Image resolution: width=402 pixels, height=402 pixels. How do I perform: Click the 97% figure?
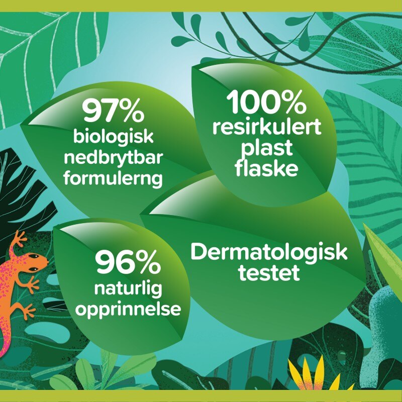(x=113, y=111)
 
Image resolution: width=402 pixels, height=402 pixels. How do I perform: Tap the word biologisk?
(x=114, y=136)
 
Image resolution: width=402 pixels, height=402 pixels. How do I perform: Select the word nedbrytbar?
(x=114, y=157)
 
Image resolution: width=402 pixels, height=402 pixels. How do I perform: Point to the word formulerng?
(x=113, y=178)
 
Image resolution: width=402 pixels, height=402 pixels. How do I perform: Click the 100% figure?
(x=266, y=102)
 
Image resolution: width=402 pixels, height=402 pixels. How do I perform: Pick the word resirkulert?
(x=267, y=127)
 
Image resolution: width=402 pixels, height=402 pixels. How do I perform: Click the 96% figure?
(x=128, y=262)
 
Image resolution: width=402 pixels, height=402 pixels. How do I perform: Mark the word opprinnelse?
(x=128, y=310)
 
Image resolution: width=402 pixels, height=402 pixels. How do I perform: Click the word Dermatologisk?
(x=269, y=252)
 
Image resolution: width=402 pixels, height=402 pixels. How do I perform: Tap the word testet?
(x=269, y=273)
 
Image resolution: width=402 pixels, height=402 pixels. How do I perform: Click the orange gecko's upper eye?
(x=34, y=256)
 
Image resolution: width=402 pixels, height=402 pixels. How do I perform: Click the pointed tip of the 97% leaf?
(x=21, y=125)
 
